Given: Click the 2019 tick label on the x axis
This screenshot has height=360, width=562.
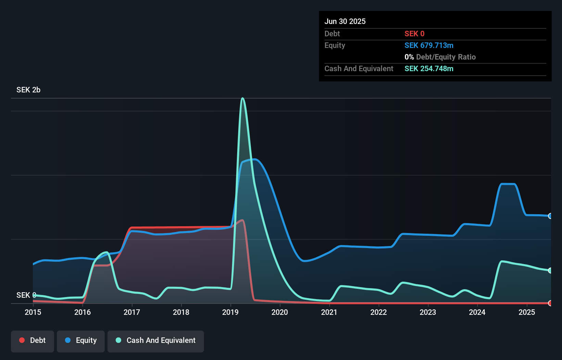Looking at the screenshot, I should click(230, 312).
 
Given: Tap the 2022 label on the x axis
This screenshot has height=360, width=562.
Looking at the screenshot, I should click(379, 312).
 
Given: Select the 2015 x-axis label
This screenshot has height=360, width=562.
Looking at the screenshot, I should click(33, 312).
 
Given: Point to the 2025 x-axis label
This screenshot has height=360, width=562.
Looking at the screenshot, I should click(527, 312).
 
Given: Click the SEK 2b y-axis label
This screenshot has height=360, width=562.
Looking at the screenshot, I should click(28, 90).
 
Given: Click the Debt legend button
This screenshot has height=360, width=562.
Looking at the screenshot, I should click(33, 340).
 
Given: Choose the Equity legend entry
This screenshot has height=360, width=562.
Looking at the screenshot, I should click(81, 340).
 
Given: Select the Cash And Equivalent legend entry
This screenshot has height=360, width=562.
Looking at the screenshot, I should click(156, 340).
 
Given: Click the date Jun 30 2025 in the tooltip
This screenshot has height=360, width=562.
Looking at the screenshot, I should click(345, 21).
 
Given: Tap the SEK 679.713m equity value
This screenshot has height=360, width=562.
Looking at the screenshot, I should click(429, 45).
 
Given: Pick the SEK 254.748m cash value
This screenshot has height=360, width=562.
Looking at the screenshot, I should click(429, 68).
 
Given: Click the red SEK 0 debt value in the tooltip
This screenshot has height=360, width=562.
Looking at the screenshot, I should click(414, 34).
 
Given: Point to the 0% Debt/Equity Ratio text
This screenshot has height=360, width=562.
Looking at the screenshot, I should click(440, 57).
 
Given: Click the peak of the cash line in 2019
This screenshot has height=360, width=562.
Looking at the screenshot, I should click(243, 99).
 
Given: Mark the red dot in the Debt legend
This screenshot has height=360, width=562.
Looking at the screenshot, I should click(22, 340).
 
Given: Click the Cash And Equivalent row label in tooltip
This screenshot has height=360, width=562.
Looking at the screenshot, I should click(359, 68).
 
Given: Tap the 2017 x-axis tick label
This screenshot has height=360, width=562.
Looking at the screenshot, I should click(132, 312).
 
